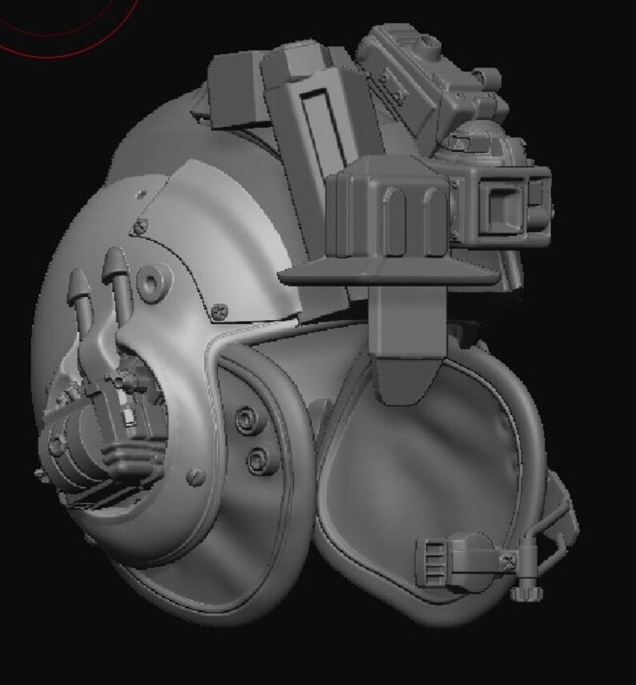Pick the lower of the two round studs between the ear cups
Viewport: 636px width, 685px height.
pyautogui.click(x=257, y=459)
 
